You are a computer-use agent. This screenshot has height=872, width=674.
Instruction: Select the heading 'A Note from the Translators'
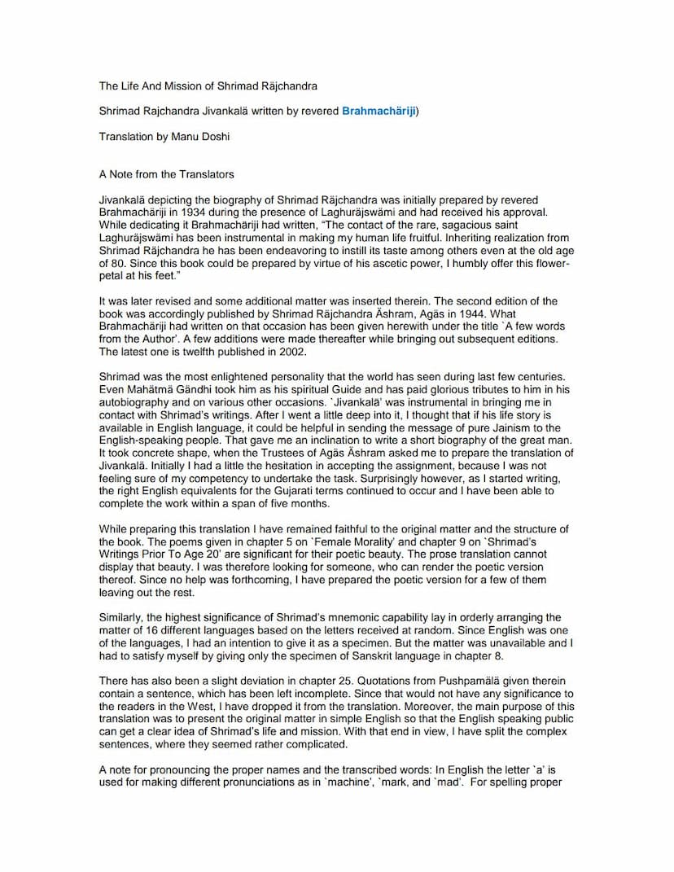click(166, 174)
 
